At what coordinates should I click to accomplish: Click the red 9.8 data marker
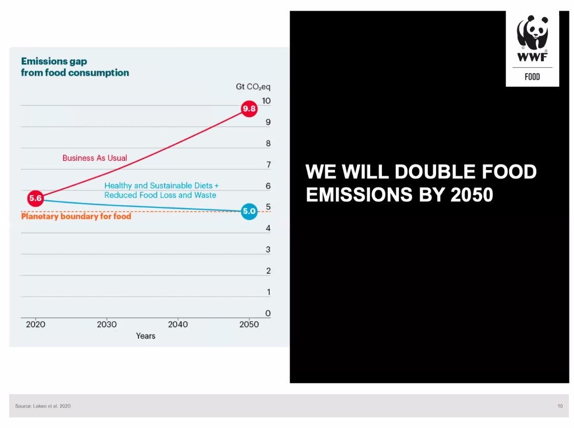[249, 109]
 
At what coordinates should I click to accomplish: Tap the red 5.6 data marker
[36, 198]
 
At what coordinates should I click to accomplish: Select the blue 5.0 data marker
[249, 211]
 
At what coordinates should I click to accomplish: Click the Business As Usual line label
[95, 158]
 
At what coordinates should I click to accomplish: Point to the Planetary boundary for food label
[76, 217]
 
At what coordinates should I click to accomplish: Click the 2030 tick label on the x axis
[107, 324]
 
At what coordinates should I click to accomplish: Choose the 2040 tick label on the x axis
[178, 324]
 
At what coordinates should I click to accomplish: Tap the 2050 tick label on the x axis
[249, 324]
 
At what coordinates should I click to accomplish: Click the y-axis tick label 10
[266, 101]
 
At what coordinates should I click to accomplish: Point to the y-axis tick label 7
[268, 165]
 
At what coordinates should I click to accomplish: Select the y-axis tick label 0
[268, 314]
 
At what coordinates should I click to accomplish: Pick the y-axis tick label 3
[268, 250]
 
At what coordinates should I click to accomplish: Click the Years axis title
[146, 336]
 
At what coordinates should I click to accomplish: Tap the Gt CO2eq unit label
[253, 87]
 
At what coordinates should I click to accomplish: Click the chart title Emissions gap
[54, 61]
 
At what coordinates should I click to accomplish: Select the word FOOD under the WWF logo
[532, 77]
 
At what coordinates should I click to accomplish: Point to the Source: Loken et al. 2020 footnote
[43, 406]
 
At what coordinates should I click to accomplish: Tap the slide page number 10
[560, 406]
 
